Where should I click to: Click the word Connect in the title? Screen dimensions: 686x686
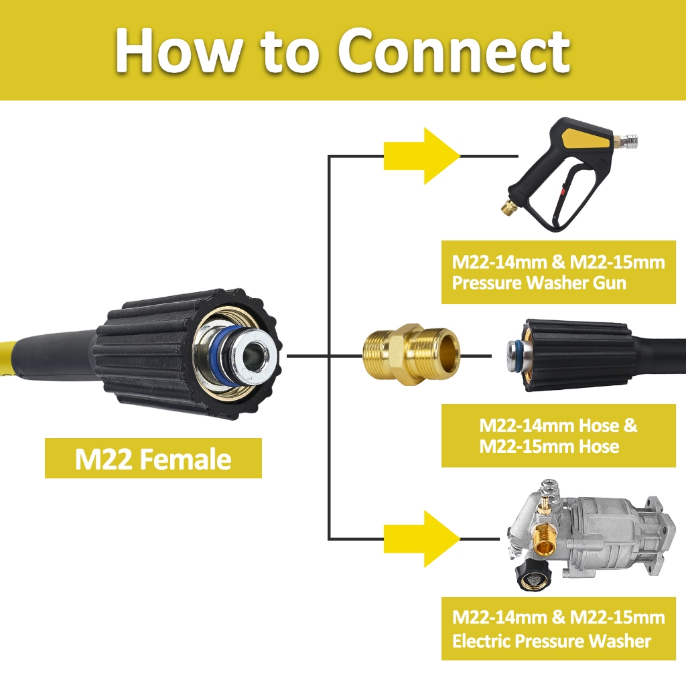[454, 51]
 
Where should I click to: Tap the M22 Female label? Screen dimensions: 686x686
[153, 459]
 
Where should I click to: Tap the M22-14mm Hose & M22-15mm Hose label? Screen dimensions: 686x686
[558, 435]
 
